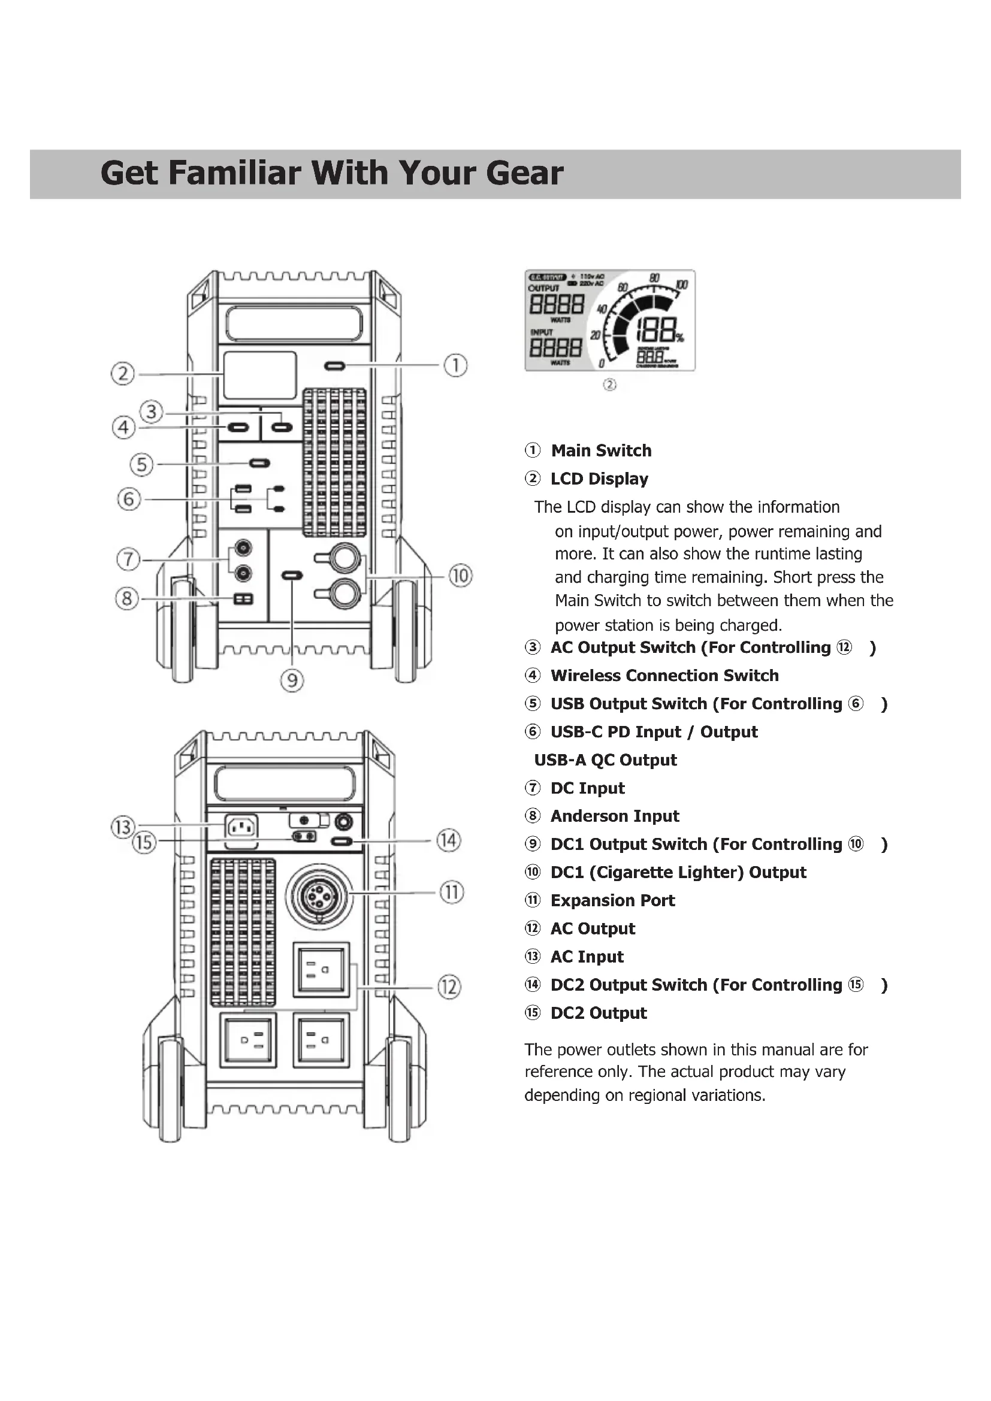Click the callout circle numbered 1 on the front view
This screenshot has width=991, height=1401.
coord(455,365)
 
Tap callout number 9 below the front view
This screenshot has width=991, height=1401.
coord(292,680)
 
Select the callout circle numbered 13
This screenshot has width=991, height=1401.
coord(123,827)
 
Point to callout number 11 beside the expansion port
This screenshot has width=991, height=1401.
coord(452,892)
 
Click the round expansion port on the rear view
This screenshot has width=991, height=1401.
coord(318,895)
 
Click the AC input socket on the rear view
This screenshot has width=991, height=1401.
coord(241,827)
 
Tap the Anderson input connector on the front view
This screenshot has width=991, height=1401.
coord(243,599)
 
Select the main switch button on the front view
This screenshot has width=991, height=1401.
coord(334,366)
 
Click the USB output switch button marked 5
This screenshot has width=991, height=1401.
coord(259,464)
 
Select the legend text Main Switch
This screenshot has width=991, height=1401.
coord(601,450)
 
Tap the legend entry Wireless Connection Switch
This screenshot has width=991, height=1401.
coord(664,676)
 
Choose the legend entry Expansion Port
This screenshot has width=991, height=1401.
coord(613,901)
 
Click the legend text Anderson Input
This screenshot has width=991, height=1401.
coord(615,816)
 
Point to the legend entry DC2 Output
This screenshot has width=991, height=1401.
coord(599,1013)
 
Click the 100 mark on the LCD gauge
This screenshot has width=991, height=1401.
coord(682,285)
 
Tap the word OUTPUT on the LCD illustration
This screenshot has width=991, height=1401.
coord(543,288)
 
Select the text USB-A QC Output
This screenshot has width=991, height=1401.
coord(605,760)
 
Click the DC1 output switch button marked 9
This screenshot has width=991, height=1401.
coord(292,576)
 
